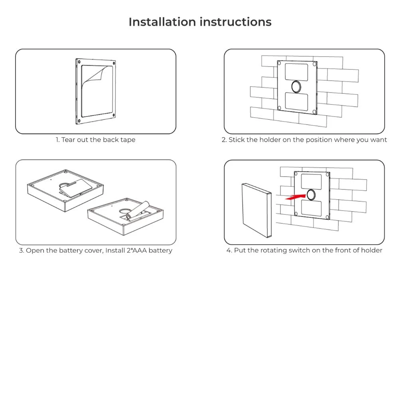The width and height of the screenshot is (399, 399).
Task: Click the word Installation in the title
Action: click(162, 22)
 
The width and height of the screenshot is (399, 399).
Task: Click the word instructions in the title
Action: click(235, 22)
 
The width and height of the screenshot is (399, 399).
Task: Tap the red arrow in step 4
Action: click(296, 196)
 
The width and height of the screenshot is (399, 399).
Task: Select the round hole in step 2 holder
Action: click(296, 86)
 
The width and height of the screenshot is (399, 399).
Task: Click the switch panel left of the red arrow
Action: click(257, 210)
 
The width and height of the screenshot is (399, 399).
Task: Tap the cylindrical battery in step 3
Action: click(138, 210)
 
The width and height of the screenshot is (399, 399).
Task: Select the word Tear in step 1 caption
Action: click(68, 140)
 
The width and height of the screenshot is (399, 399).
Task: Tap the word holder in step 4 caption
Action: click(371, 251)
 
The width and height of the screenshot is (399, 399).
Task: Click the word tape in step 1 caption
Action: click(128, 140)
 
